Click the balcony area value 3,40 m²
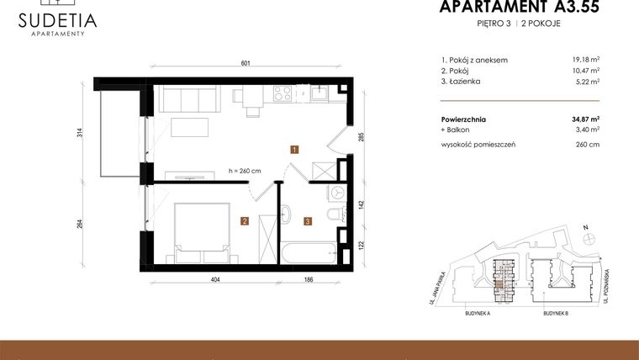[587, 130]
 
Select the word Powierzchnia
[463, 119]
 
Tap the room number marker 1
[294, 150]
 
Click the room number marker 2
[244, 222]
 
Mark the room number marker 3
[308, 222]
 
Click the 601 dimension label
[246, 64]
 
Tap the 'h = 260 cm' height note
[245, 171]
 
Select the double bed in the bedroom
[202, 228]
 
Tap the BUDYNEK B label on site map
[556, 313]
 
